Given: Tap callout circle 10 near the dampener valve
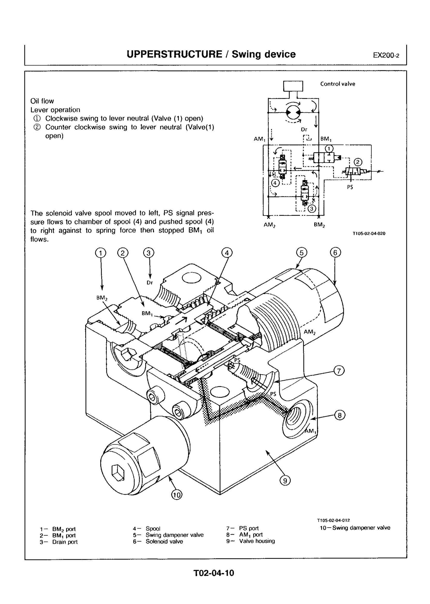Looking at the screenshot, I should [176, 495].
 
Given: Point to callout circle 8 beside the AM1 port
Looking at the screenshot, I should [340, 415].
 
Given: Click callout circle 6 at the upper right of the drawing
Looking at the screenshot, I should [335, 253].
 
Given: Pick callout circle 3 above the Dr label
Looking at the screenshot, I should [148, 253].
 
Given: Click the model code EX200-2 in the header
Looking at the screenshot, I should [386, 55].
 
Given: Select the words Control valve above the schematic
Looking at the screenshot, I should [337, 84].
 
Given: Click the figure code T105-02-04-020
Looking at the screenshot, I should [369, 234].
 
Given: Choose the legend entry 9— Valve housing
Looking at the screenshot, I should [251, 541].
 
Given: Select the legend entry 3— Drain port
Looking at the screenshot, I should [59, 542].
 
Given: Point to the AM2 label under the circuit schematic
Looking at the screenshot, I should [269, 225].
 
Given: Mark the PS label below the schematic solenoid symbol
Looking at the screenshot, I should [350, 187].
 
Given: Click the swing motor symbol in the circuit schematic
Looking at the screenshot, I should [293, 112].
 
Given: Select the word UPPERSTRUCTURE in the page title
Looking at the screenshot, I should [174, 54].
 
